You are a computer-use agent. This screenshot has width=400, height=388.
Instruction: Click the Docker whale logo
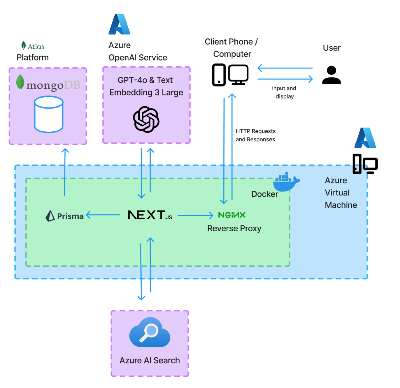pos(285,182)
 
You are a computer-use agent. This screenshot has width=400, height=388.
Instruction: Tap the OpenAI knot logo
pos(146,119)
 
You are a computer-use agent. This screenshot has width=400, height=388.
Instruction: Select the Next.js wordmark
pos(150,215)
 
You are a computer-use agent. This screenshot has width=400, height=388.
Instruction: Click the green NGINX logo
pos(232,215)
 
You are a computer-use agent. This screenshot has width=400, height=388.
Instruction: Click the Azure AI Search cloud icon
pos(150,333)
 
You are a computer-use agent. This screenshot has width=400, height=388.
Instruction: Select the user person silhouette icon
pos(331,75)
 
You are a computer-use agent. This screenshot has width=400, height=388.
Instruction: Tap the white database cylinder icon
pos(49,114)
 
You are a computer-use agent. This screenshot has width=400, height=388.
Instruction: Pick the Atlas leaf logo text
pos(33,46)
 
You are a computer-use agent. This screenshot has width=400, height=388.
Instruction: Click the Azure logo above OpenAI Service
pos(119,24)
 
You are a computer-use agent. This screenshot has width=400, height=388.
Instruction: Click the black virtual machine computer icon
pos(365,164)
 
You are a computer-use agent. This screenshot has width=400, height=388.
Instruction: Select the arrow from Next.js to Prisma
pos(103,215)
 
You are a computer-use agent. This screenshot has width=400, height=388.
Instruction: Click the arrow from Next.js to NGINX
pos(195,216)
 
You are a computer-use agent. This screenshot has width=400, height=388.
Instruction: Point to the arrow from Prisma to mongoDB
pos(65,172)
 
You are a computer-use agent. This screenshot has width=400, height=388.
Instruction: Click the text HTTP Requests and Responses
pos(255,135)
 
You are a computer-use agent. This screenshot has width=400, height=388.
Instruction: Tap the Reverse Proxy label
pos(234,228)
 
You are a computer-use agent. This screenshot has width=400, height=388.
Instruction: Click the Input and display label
pos(284,92)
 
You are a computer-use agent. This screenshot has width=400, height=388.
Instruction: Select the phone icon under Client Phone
pos(219,75)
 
